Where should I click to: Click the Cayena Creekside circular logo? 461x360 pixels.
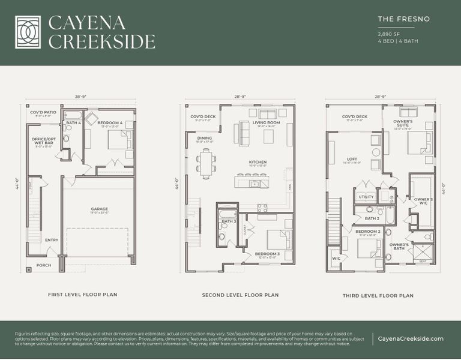coord(28,32)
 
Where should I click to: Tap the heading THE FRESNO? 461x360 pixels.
coord(403,19)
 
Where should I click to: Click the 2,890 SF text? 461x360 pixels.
coord(390,34)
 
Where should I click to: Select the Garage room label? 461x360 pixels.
coord(100,209)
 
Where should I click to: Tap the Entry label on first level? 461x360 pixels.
coord(52,240)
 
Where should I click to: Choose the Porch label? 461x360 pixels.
coord(44,265)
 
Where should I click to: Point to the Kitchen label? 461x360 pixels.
coord(258,162)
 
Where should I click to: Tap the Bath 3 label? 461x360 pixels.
coord(228,221)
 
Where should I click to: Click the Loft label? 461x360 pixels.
coord(352,159)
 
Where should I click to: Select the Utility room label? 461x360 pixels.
coord(366,196)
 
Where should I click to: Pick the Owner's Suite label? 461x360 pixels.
coord(403,124)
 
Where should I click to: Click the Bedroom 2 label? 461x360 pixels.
coord(367,231)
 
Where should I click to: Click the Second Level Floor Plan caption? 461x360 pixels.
coord(240,295)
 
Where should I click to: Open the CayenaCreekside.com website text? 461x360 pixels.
coord(411,339)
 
